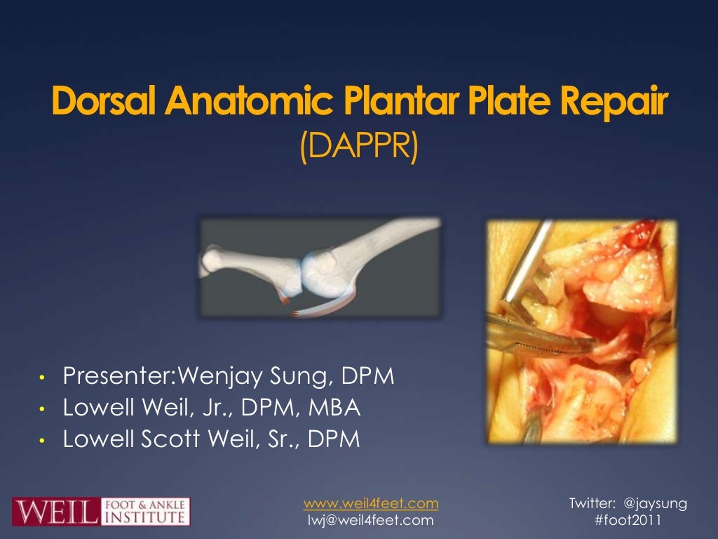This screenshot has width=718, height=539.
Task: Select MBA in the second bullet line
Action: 346,408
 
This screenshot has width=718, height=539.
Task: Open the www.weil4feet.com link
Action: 371,503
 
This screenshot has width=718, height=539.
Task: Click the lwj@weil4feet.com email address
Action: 371,520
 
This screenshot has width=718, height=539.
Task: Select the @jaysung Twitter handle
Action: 655,503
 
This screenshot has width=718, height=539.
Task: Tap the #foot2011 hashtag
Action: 628,520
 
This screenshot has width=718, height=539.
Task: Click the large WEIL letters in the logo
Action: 55,511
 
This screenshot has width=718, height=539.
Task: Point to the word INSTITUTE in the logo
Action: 147,518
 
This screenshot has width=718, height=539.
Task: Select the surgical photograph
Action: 582,331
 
